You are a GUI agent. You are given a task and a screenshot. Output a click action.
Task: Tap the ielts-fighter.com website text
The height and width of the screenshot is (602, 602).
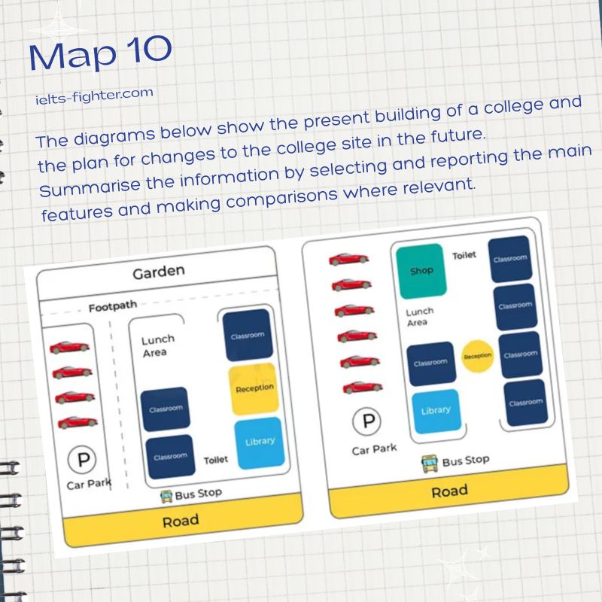pyautogui.click(x=95, y=96)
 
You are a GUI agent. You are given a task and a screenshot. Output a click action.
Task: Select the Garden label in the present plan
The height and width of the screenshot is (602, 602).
pyautogui.click(x=159, y=272)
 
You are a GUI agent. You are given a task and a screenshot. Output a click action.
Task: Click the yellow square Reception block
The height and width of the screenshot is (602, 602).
pyautogui.click(x=254, y=388)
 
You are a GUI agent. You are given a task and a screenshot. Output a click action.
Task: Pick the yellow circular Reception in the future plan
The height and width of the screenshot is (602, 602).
pyautogui.click(x=477, y=356)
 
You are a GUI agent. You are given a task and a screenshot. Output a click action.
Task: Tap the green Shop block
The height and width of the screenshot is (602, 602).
pyautogui.click(x=421, y=271)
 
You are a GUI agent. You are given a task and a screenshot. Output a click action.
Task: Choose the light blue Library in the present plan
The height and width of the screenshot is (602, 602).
pyautogui.click(x=260, y=442)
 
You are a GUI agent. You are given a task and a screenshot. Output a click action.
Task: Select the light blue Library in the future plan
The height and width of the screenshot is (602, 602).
pyautogui.click(x=436, y=411)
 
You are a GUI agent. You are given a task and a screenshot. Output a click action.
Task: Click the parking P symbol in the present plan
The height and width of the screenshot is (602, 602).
pyautogui.click(x=82, y=459)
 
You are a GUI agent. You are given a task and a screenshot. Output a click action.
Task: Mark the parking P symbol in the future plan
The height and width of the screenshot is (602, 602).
pyautogui.click(x=366, y=421)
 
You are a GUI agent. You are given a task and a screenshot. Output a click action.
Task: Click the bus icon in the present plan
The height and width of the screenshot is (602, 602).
pyautogui.click(x=166, y=497)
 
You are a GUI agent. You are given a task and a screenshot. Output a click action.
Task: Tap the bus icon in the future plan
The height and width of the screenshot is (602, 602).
pyautogui.click(x=429, y=464)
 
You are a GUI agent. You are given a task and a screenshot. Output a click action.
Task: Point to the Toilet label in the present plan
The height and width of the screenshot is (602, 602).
pyautogui.click(x=216, y=460)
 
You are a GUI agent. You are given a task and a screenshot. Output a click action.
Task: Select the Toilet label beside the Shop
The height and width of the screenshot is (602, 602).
pyautogui.click(x=464, y=255)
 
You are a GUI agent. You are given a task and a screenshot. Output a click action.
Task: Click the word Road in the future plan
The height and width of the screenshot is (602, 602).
pyautogui.click(x=449, y=491)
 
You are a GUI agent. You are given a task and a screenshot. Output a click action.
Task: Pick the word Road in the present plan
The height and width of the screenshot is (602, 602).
pyautogui.click(x=181, y=521)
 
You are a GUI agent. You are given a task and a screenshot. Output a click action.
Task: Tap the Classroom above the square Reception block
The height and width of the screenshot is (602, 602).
pyautogui.click(x=248, y=336)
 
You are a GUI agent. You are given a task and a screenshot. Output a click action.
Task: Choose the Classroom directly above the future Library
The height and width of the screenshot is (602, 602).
pyautogui.click(x=431, y=363)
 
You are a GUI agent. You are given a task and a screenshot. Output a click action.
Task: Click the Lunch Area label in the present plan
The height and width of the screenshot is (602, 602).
pyautogui.click(x=157, y=346)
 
